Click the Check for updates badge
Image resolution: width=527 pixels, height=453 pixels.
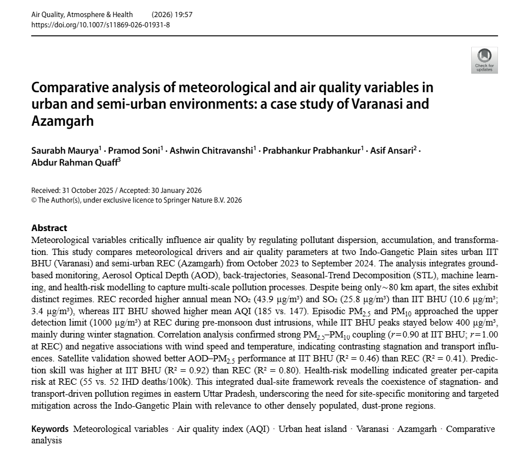484,61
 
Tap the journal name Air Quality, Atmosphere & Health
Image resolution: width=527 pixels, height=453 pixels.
82,14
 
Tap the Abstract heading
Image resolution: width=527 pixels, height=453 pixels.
49,228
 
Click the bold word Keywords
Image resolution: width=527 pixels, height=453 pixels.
50,429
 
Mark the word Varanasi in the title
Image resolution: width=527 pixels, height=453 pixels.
379,105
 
